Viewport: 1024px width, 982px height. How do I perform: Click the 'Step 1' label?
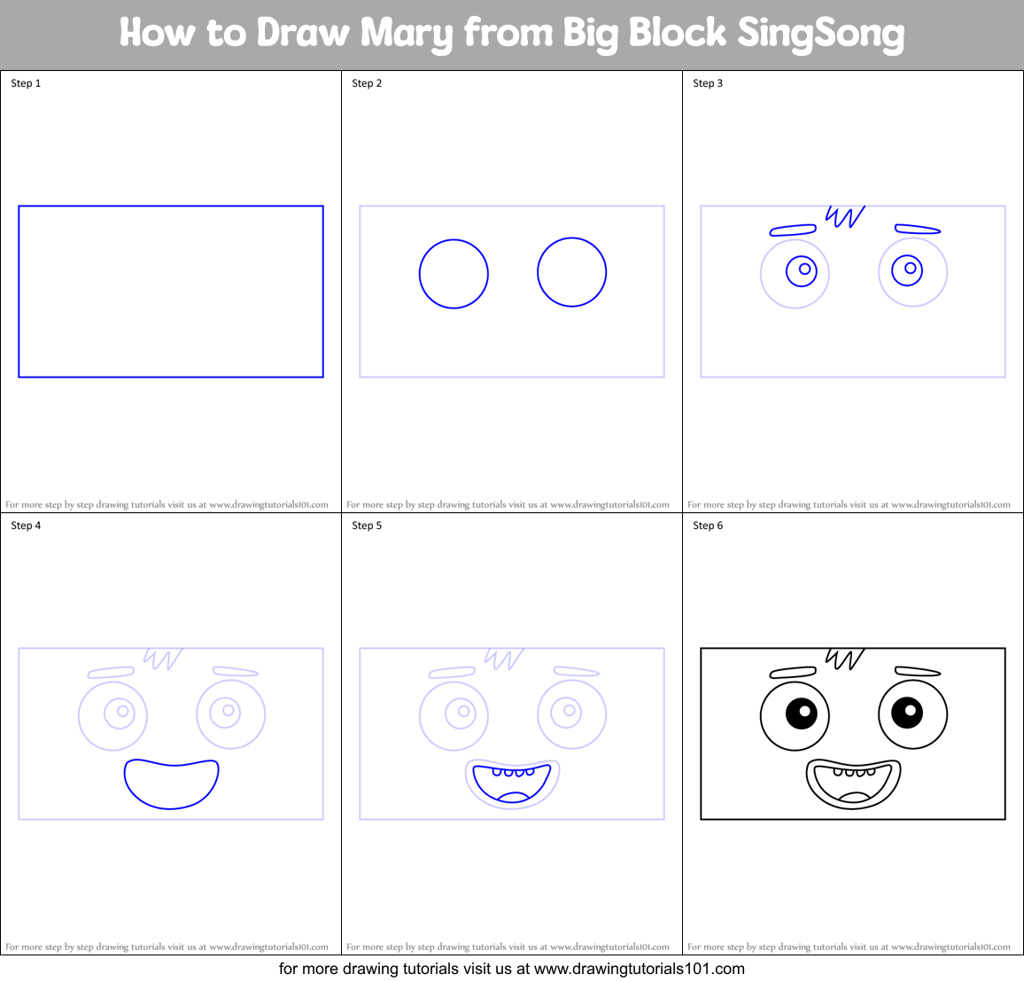[x=26, y=83]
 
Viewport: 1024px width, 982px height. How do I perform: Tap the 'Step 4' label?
[x=26, y=526]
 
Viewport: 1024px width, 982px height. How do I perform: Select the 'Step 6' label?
[x=708, y=526]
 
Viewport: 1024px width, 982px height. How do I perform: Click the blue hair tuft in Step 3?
[x=843, y=216]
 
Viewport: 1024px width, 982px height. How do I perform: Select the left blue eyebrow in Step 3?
[x=793, y=230]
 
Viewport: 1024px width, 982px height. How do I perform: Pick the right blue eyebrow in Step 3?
[x=917, y=230]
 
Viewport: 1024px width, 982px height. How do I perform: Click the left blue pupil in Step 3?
[x=803, y=269]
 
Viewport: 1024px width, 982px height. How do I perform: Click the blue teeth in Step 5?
[x=513, y=772]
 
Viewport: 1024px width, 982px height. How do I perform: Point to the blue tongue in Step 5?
[x=513, y=797]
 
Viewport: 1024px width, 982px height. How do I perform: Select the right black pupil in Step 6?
[x=907, y=712]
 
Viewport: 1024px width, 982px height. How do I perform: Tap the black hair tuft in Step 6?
[x=843, y=659]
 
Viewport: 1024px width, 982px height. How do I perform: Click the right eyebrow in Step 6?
[x=917, y=672]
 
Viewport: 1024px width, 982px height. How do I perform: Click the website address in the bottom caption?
[x=639, y=969]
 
